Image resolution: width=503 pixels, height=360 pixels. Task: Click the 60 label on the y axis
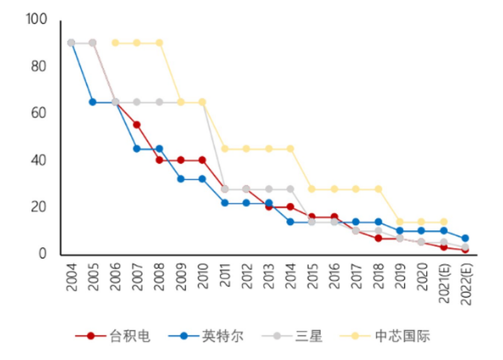(x=40, y=113)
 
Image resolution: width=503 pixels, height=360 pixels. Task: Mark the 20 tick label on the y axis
(x=40, y=206)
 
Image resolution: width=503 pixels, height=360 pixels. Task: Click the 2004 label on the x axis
(x=72, y=278)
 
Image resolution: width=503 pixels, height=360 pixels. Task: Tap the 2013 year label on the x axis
(x=269, y=278)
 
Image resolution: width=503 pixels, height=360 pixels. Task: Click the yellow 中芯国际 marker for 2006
(x=115, y=43)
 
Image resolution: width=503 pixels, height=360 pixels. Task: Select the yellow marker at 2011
(x=224, y=148)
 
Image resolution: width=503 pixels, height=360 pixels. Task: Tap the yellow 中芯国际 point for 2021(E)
(x=443, y=222)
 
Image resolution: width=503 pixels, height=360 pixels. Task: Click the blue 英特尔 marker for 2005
(x=93, y=102)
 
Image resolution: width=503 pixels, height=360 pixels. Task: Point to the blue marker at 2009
(x=181, y=179)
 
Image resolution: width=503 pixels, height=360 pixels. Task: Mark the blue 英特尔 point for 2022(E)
(x=465, y=238)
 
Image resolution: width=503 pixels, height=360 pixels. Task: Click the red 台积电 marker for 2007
(x=136, y=125)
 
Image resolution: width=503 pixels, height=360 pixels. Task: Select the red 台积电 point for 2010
(x=202, y=160)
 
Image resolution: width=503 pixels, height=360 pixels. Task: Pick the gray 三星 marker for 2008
(x=159, y=102)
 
